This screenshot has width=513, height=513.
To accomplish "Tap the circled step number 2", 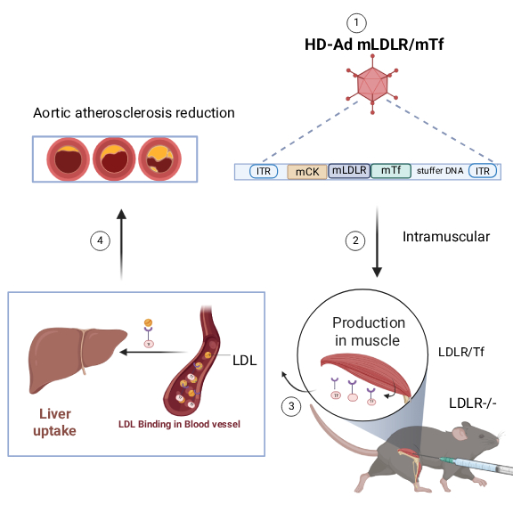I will tap(355, 240).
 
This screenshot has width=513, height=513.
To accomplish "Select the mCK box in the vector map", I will tap(307, 171).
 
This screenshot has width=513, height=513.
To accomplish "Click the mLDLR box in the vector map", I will tap(348, 171).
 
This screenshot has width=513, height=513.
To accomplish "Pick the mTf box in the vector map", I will tap(389, 171).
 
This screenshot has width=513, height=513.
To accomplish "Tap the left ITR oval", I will tap(263, 171).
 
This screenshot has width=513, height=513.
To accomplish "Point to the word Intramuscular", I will tap(434, 237).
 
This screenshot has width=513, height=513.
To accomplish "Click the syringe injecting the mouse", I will tap(476, 463).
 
